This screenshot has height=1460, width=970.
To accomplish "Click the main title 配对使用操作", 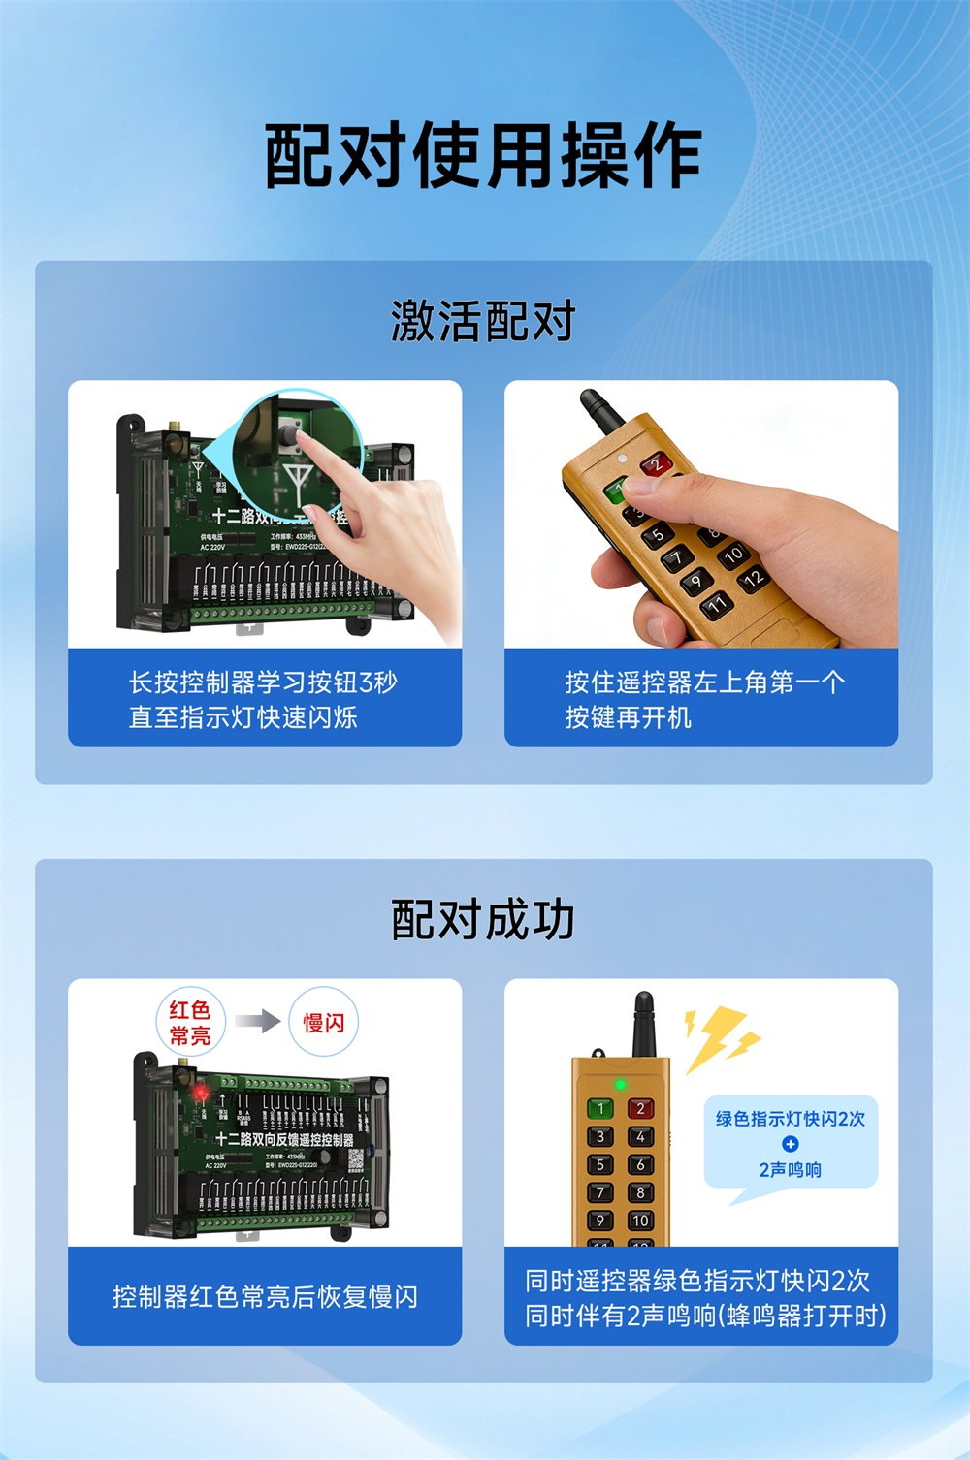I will point(483,156).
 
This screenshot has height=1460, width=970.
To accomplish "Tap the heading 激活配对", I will point(483,321).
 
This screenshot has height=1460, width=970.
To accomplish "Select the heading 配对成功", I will point(483,919).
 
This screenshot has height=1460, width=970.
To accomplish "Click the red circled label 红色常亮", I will point(190,1023).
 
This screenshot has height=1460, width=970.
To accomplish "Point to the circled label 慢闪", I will point(323,1023).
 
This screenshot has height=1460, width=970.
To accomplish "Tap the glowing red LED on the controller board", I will point(201,1093).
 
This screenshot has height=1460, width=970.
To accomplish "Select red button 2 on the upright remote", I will point(640,1108).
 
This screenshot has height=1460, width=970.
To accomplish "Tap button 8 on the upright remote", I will point(640,1192).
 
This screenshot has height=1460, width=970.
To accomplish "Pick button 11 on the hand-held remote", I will point(716,605).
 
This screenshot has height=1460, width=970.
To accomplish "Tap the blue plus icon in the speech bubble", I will point(790,1144).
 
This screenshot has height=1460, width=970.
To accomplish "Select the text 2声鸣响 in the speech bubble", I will point(790,1170).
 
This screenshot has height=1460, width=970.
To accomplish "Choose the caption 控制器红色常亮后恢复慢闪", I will point(265,1296).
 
